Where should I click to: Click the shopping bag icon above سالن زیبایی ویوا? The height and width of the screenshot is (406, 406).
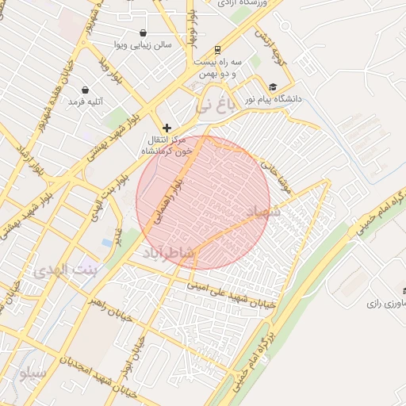143,33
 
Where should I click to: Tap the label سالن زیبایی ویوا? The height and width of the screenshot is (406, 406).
140,45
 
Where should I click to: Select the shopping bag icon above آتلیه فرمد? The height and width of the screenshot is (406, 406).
85,90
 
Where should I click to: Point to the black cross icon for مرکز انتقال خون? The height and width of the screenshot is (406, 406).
167,128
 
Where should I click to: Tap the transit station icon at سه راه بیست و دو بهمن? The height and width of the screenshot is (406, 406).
218,48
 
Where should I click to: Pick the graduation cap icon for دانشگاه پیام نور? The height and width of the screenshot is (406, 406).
274,87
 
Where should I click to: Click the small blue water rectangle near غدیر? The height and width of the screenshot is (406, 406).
107,241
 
